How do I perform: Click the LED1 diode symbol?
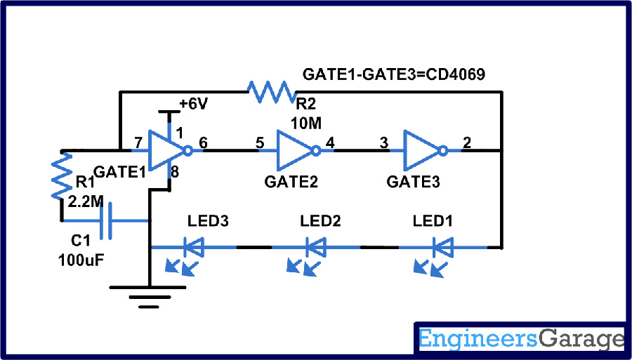click(442, 247)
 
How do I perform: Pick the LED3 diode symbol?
click(193, 247)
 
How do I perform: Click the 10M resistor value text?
click(306, 123)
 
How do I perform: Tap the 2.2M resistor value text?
click(86, 202)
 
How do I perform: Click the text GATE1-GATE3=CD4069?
click(393, 74)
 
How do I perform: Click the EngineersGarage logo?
click(521, 340)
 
